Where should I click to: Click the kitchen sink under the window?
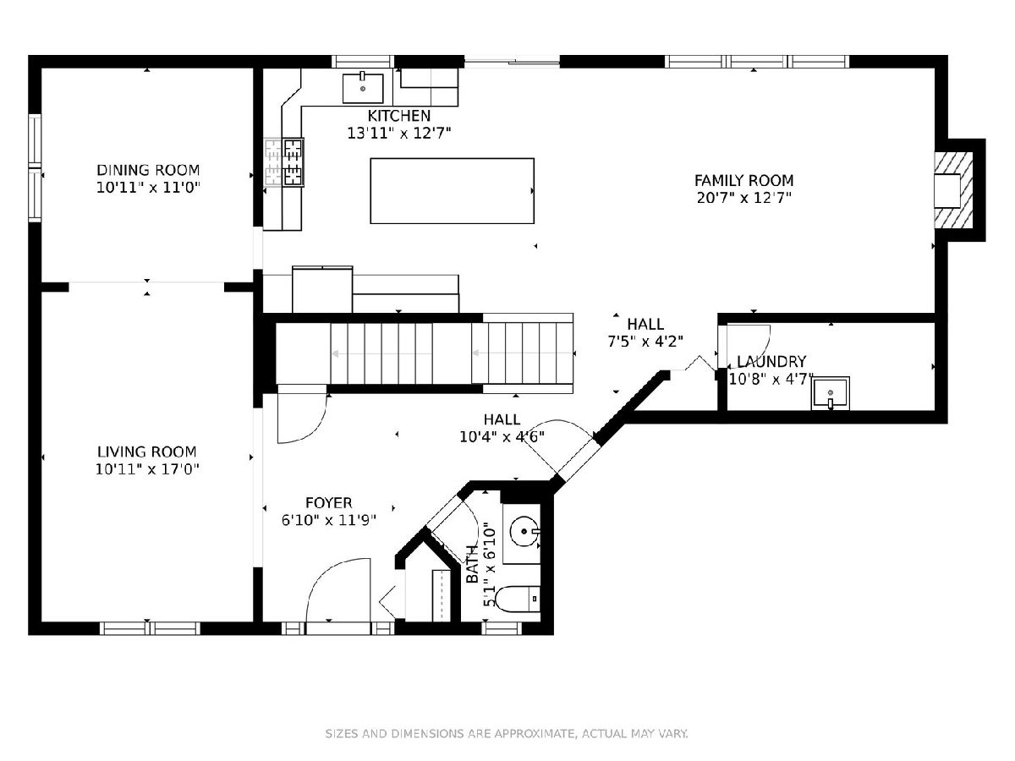coord(363,88)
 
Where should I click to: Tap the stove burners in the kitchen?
coord(294,162)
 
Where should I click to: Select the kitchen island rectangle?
coord(452,191)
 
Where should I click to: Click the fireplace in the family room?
coord(953,190)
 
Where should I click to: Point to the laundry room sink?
coord(830,393)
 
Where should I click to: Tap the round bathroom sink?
coord(524,531)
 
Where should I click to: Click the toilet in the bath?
coord(517,599)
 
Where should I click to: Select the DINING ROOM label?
coord(148,170)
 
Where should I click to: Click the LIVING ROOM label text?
coord(146,452)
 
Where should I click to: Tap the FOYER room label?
coord(329,502)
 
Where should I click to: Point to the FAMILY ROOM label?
coord(744,180)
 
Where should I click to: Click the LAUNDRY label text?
coord(771,361)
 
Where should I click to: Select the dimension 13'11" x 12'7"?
coord(399,133)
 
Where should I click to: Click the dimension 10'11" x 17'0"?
coord(147,469)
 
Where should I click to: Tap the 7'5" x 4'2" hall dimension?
coord(645,342)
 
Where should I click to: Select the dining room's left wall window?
coord(36,167)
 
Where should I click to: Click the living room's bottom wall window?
coord(151,628)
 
